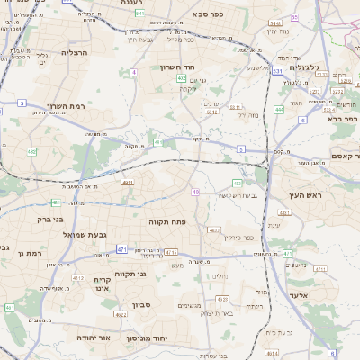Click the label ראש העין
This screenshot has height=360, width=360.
pyautogui.click(x=305, y=194)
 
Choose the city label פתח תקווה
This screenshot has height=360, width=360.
pyautogui.click(x=167, y=220)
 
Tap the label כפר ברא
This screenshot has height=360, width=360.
pyautogui.click(x=343, y=119)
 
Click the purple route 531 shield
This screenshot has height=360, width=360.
pyautogui.click(x=278, y=69)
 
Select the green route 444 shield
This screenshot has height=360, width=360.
pyautogui.click(x=280, y=110)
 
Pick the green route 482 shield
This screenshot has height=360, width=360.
pyautogui.click(x=31, y=151)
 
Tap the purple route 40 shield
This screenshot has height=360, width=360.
pyautogui.click(x=196, y=192)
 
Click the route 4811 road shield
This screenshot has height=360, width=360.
pyautogui.click(x=127, y=183)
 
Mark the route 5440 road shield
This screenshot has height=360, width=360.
pyautogui.click(x=274, y=21)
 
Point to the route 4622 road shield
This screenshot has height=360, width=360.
pyautogui.click(x=121, y=315)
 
